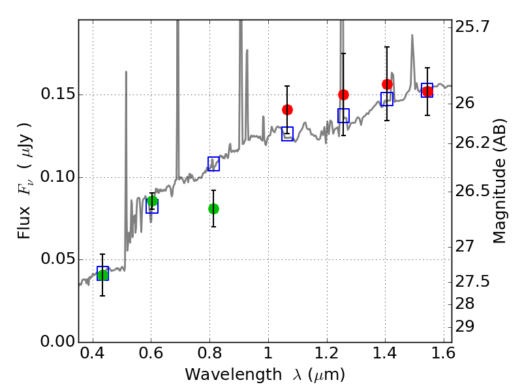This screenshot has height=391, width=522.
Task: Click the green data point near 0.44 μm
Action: pos(103,275)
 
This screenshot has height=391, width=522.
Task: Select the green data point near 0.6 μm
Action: pos(152,201)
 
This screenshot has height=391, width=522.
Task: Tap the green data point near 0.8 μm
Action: pos(214,209)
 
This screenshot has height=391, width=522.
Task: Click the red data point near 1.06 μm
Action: pos(287,109)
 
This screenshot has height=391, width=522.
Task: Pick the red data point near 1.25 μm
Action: pos(344,94)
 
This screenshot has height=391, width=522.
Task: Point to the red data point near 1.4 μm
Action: pos(387,84)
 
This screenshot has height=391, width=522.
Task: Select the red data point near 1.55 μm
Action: pos(427,91)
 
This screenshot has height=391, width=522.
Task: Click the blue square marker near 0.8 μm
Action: pos(214,164)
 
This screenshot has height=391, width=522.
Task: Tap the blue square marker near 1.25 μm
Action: pos(344,116)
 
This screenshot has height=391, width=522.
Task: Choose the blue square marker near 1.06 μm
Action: pos(287,134)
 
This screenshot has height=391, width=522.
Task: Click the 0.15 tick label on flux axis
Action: pos(57,94)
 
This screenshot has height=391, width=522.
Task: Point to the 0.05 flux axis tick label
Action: pos(57,259)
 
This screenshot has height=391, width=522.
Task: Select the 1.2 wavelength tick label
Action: pos(327,353)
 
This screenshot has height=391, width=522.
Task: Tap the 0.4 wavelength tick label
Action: pos(93,353)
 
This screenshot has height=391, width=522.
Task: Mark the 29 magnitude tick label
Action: pos(465,326)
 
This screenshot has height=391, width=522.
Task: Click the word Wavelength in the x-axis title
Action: pos(234,375)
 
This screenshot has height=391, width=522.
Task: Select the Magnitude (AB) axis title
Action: pos(499,181)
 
